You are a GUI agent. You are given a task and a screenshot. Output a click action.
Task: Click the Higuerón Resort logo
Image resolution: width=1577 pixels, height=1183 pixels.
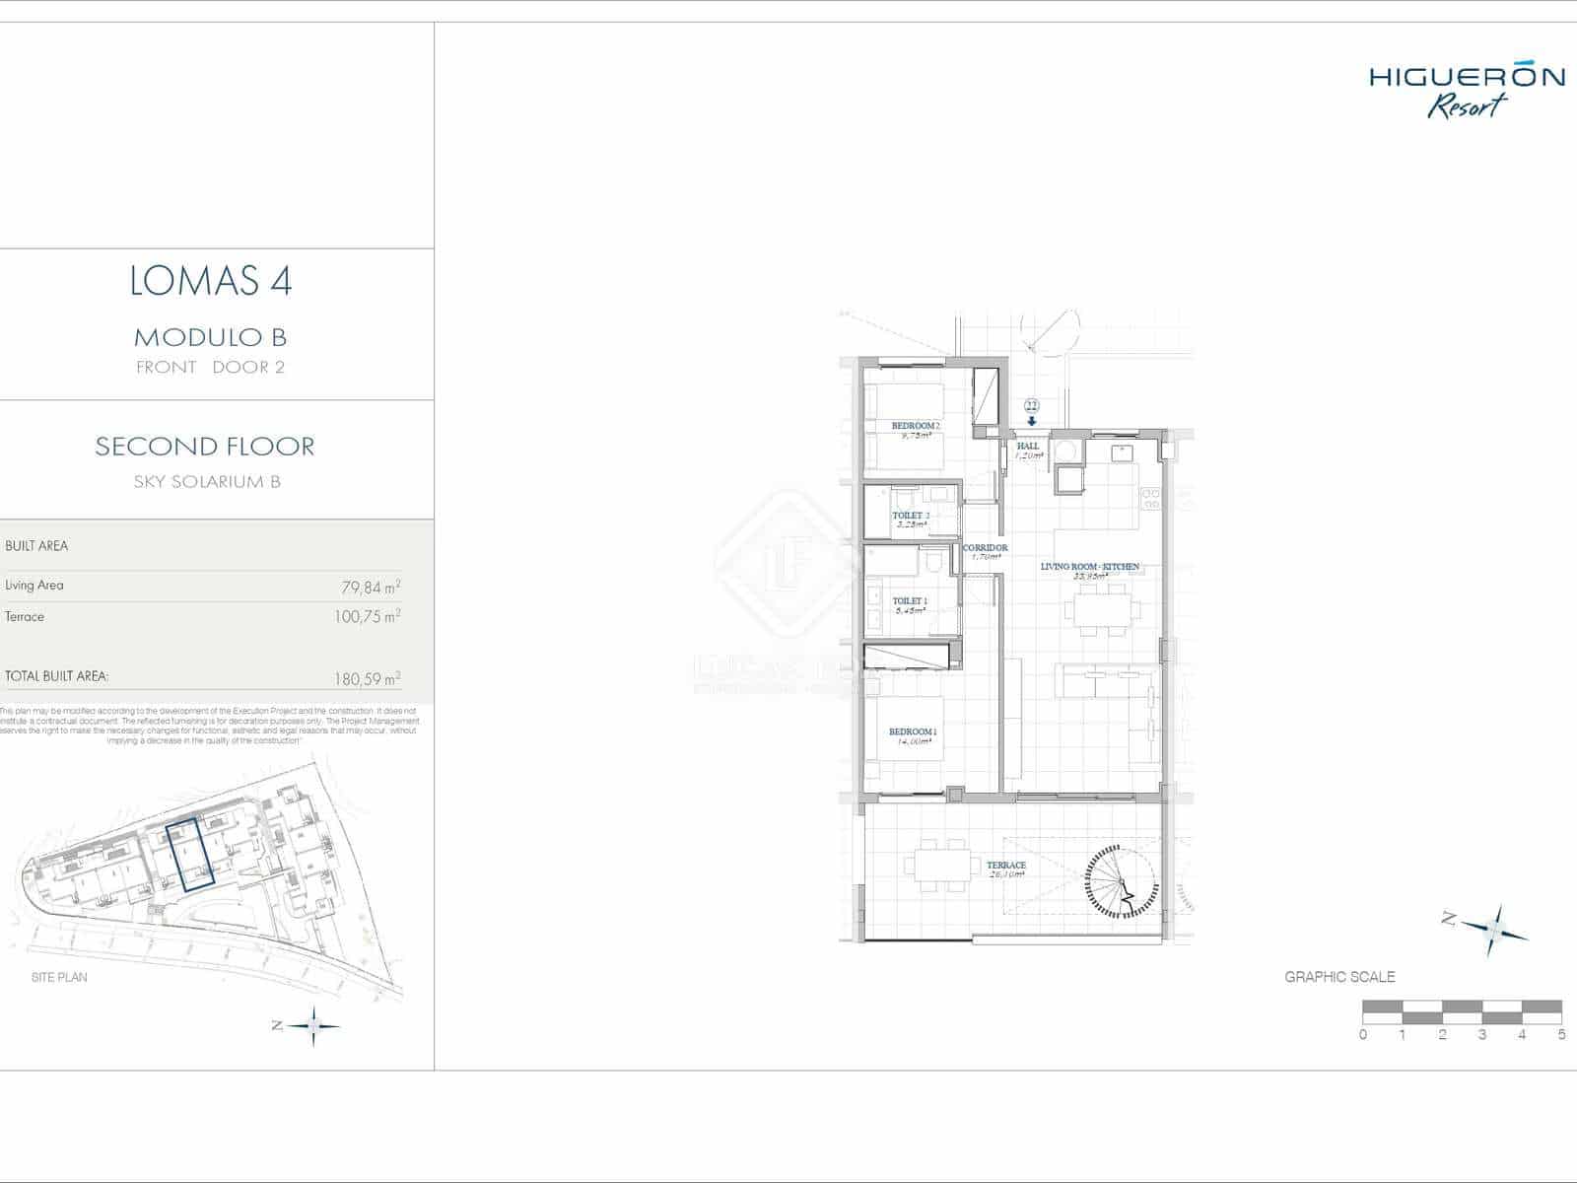coord(1466,91)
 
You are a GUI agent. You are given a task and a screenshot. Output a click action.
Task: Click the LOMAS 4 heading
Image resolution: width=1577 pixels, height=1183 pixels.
coord(210,281)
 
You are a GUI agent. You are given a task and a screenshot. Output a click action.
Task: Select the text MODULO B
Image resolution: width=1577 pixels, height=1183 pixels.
coord(210,337)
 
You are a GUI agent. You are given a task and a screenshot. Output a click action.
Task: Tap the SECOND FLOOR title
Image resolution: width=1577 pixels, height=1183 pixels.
coord(205,446)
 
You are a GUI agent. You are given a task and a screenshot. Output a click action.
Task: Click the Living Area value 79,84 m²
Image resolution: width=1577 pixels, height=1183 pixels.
coord(370,588)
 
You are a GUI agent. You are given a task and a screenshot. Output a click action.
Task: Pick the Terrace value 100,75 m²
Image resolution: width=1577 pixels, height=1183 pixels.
coord(367,618)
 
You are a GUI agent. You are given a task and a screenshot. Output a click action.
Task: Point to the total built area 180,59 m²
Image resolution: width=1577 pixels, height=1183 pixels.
coord(367,679)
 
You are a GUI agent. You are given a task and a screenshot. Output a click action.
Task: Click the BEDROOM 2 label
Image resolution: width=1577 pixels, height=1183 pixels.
coord(915,426)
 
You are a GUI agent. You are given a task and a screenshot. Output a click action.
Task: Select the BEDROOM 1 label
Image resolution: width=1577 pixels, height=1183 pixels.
coord(912,731)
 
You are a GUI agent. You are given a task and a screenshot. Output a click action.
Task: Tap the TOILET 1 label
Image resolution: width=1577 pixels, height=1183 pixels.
coord(909,600)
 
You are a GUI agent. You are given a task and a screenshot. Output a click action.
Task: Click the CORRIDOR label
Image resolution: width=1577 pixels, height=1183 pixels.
coord(985,548)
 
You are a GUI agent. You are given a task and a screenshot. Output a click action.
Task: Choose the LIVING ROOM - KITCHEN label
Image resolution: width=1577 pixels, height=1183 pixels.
coord(1089,567)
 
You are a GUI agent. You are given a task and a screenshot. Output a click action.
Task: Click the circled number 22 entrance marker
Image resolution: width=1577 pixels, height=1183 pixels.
coord(1032,405)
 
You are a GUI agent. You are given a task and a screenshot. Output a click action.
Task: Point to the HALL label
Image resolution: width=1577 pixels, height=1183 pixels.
coord(1028,446)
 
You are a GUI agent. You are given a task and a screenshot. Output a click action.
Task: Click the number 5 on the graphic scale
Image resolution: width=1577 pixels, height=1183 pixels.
coord(1561,1034)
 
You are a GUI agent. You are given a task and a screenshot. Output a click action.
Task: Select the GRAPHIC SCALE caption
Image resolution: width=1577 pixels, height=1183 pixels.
coord(1338,977)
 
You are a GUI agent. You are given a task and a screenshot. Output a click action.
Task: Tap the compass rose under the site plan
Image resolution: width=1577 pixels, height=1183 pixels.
coord(313,1026)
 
